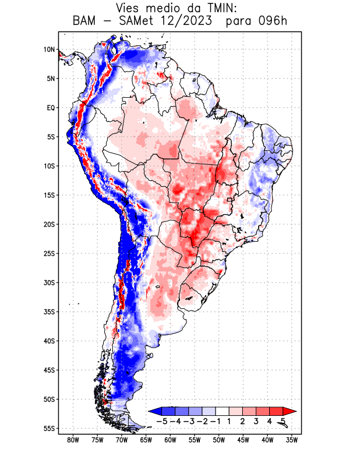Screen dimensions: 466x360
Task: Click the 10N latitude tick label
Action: [49, 50]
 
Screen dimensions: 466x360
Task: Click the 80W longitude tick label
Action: [73, 440]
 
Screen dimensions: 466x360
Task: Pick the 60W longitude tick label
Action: [171, 440]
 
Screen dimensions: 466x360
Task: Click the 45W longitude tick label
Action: [243, 440]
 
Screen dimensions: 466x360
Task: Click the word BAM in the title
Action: [86, 22]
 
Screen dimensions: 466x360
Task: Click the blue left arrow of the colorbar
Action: [153, 411]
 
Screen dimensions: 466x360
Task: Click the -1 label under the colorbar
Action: [216, 421]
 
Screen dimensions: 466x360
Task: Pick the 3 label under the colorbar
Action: [256, 421]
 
